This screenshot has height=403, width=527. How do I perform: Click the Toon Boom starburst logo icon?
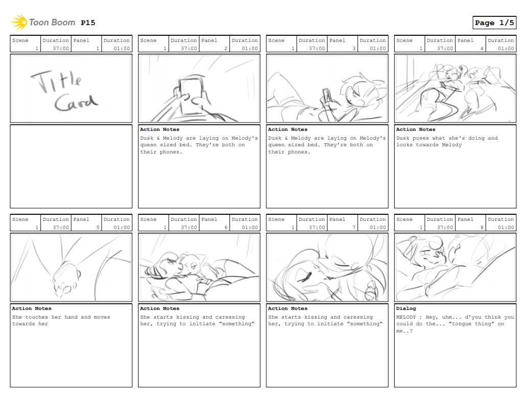pyautogui.click(x=19, y=22)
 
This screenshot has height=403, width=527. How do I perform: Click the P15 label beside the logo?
pyautogui.click(x=88, y=23)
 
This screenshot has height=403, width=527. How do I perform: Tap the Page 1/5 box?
pyautogui.click(x=494, y=23)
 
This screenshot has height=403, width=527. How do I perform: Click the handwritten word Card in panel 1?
pyautogui.click(x=76, y=102)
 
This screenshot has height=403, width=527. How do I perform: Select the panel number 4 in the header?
pyautogui.click(x=482, y=49)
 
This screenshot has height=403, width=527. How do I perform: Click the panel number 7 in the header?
pyautogui.click(x=354, y=228)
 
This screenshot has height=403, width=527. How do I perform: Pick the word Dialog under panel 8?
pyautogui.click(x=406, y=308)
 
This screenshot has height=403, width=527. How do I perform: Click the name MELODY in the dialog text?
pyautogui.click(x=406, y=317)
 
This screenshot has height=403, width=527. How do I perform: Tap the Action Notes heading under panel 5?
pyautogui.click(x=32, y=308)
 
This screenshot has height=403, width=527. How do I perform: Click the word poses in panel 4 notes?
pyautogui.click(x=421, y=138)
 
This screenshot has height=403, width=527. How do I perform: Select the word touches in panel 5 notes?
pyautogui.click(x=37, y=317)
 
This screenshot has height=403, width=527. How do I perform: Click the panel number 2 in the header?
pyautogui.click(x=225, y=49)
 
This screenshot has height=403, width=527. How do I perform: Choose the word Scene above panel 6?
pyautogui.click(x=148, y=219)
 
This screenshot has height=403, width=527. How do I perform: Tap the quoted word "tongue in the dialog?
pyautogui.click(x=460, y=324)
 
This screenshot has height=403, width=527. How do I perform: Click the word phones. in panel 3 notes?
pyautogui.click(x=299, y=152)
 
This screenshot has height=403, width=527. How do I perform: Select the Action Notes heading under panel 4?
pyautogui.click(x=416, y=129)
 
